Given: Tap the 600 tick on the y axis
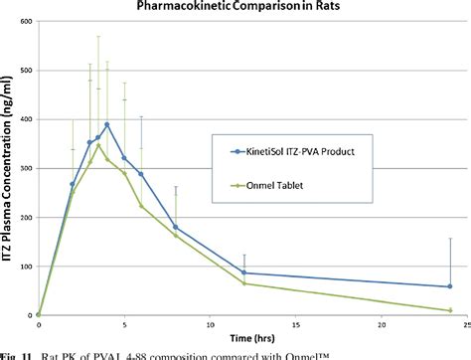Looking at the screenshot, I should click(27, 21).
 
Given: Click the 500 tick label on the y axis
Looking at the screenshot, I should click(27, 71).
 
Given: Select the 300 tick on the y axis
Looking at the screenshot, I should click(27, 168).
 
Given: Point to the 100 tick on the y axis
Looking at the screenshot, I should click(27, 266).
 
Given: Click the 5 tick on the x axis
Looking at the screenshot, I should click(123, 325).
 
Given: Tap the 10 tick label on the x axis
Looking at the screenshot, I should click(209, 325).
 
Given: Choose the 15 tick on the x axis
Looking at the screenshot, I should click(294, 325).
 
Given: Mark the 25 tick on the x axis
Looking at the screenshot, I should click(465, 325).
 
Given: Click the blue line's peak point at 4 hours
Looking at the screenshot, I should click(106, 124).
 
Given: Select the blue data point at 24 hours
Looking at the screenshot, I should click(449, 286).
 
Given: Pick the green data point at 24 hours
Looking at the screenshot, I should click(449, 310).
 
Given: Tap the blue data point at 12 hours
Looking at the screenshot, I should click(243, 272).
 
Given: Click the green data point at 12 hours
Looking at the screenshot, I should click(243, 283).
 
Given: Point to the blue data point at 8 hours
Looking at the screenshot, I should click(175, 227).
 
